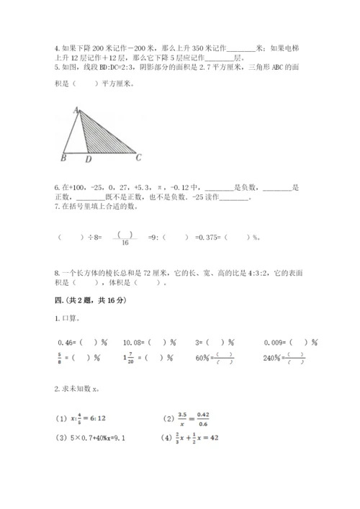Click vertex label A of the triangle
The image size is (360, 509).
point(75,109)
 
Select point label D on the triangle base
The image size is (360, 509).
point(88,159)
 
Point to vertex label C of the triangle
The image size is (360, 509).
point(139,158)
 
